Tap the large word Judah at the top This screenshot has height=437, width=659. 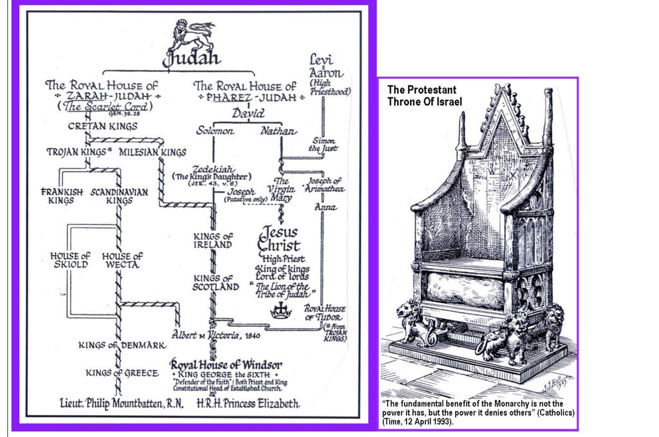(191, 59)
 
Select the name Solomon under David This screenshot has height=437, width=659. (216, 131)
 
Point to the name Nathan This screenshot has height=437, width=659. (279, 131)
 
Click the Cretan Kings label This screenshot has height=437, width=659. (102, 126)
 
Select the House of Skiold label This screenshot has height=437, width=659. (70, 260)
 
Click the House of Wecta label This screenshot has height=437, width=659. (122, 260)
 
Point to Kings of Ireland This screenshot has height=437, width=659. (213, 240)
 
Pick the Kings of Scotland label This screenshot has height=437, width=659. (216, 282)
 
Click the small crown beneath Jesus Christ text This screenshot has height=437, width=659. (281, 310)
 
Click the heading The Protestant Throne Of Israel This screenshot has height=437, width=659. (424, 95)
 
